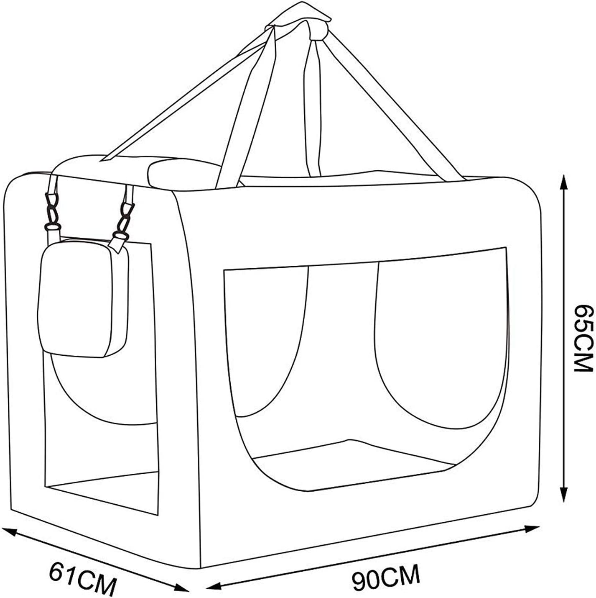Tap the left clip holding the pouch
[x=52, y=211]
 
